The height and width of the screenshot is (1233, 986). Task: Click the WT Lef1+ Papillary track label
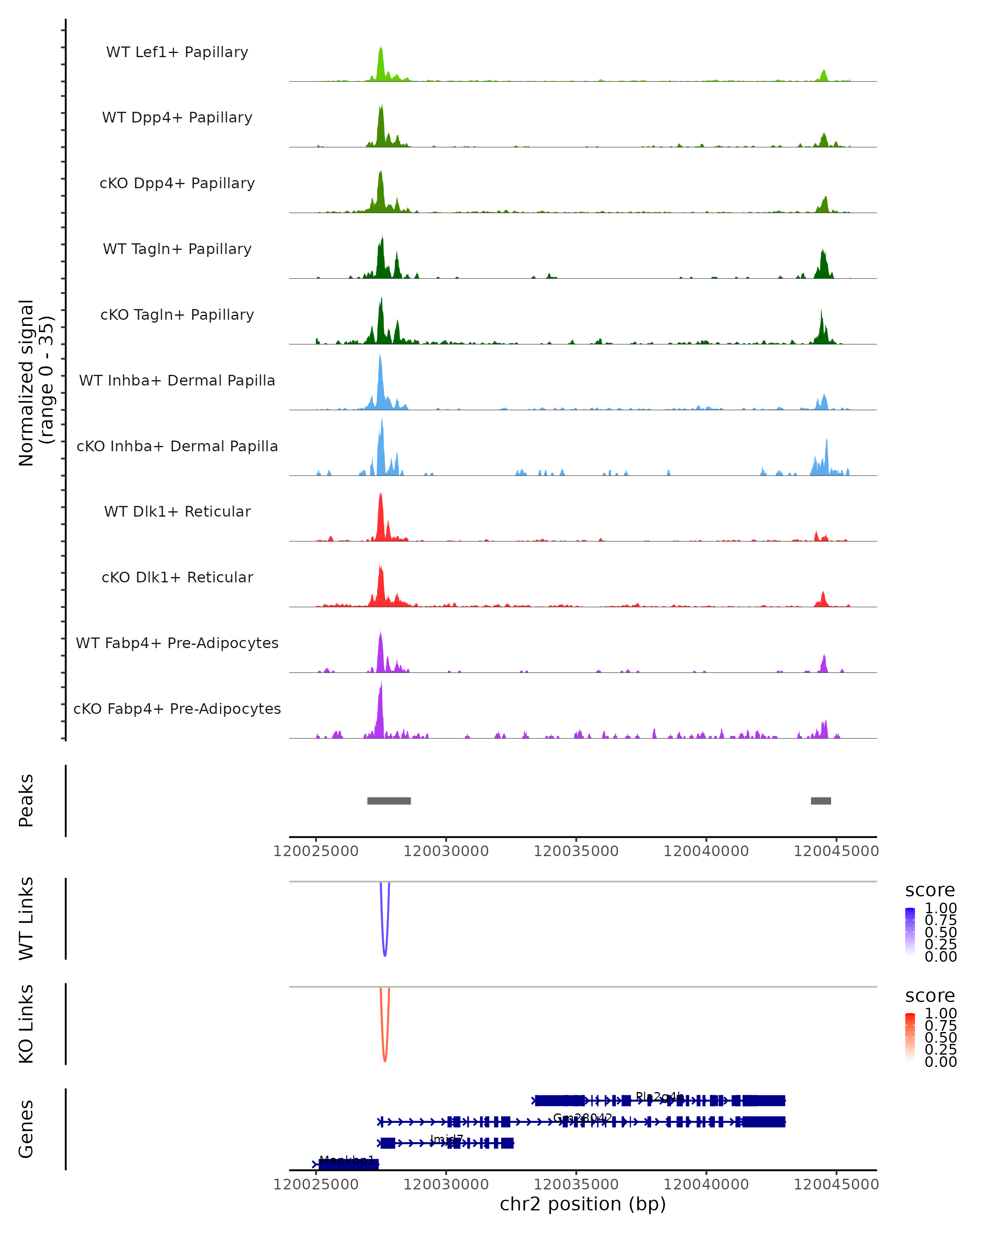click(x=177, y=53)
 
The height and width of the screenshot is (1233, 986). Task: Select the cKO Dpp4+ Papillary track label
click(x=177, y=184)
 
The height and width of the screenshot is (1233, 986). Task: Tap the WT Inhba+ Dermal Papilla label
click(x=177, y=381)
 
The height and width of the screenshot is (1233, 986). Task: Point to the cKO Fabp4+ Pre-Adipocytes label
click(x=177, y=709)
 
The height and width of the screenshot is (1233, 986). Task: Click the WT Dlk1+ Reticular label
click(x=177, y=512)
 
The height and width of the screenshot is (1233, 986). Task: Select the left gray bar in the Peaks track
click(x=389, y=801)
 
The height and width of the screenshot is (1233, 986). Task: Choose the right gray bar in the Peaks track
click(x=821, y=801)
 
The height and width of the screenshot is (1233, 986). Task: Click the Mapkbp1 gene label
click(x=347, y=1160)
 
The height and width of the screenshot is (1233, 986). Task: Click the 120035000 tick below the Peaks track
click(x=576, y=851)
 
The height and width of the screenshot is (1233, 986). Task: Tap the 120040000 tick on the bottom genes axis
click(x=706, y=1185)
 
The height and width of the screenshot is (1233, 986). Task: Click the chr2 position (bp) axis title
click(x=583, y=1204)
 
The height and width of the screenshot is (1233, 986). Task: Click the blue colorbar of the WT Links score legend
click(x=910, y=931)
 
